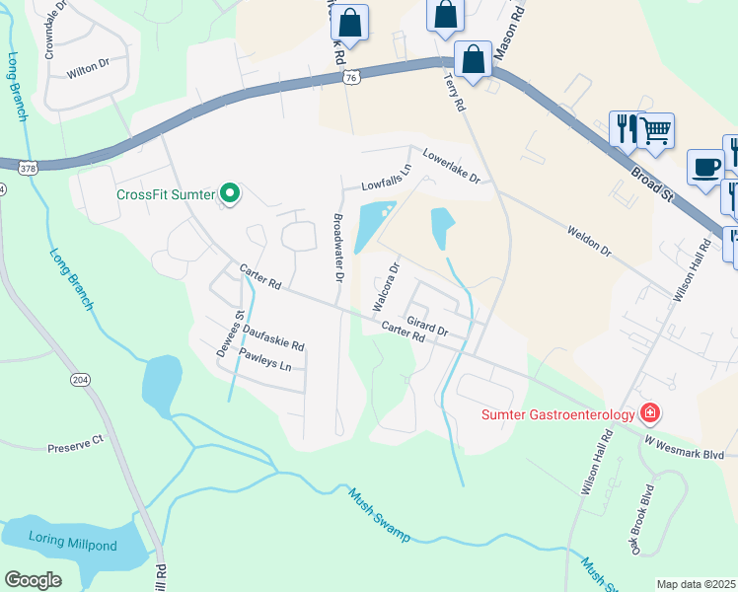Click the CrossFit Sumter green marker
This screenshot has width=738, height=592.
[230, 193]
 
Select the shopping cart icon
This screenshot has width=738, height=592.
[655, 129]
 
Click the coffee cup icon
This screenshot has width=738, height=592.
[705, 167]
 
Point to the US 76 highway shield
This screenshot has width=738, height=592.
[350, 78]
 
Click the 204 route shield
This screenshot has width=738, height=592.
[79, 379]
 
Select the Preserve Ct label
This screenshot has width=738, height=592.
[75, 447]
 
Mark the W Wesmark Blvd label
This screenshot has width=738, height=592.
[691, 441]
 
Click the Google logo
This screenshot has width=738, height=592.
[33, 581]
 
